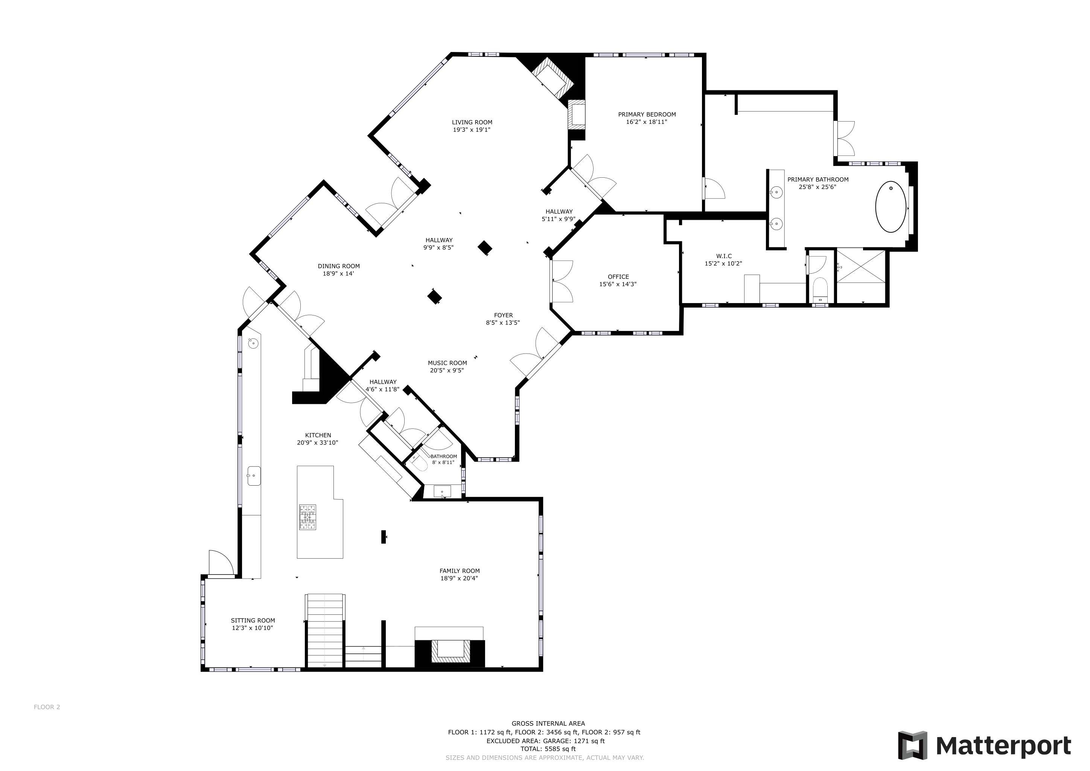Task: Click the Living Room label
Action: click(472, 122)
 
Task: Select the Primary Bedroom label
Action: click(647, 114)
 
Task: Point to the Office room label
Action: click(618, 277)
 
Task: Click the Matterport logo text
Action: click(1003, 746)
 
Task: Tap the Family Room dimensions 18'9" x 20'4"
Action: click(459, 578)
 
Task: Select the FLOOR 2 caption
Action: click(47, 707)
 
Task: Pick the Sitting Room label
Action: click(253, 620)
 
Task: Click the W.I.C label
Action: click(724, 256)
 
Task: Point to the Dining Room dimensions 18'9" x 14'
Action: click(338, 273)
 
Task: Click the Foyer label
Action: click(503, 315)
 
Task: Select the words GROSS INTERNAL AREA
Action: click(548, 724)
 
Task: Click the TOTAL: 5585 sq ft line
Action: click(548, 749)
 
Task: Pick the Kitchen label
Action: click(318, 435)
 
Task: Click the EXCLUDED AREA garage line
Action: click(545, 741)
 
